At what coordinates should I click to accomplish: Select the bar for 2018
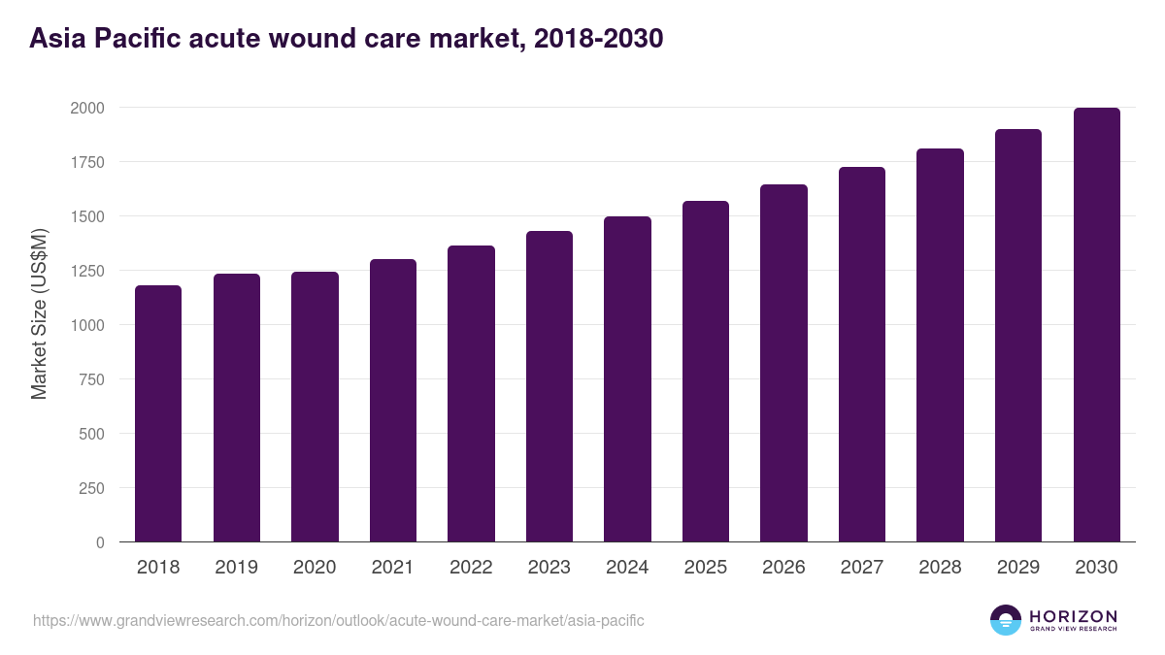tap(158, 413)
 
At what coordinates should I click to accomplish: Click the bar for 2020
tap(315, 407)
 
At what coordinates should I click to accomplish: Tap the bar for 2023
tap(549, 386)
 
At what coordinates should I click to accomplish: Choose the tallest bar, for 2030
tap(1096, 325)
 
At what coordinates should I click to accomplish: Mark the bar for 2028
tap(940, 345)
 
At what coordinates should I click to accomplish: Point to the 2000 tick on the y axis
tap(87, 108)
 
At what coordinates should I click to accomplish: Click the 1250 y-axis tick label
tap(87, 271)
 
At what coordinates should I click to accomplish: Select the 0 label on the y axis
tap(100, 542)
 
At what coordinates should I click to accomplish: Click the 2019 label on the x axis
tap(237, 568)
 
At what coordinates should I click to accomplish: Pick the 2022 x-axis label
tap(471, 568)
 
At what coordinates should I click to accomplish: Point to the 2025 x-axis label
tap(706, 568)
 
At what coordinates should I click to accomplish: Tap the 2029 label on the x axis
tap(1018, 568)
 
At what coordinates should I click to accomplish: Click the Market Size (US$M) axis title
tap(39, 313)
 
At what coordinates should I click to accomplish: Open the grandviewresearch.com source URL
tap(339, 620)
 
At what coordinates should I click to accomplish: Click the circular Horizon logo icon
tap(1006, 620)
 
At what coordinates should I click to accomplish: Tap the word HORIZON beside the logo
tap(1073, 616)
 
